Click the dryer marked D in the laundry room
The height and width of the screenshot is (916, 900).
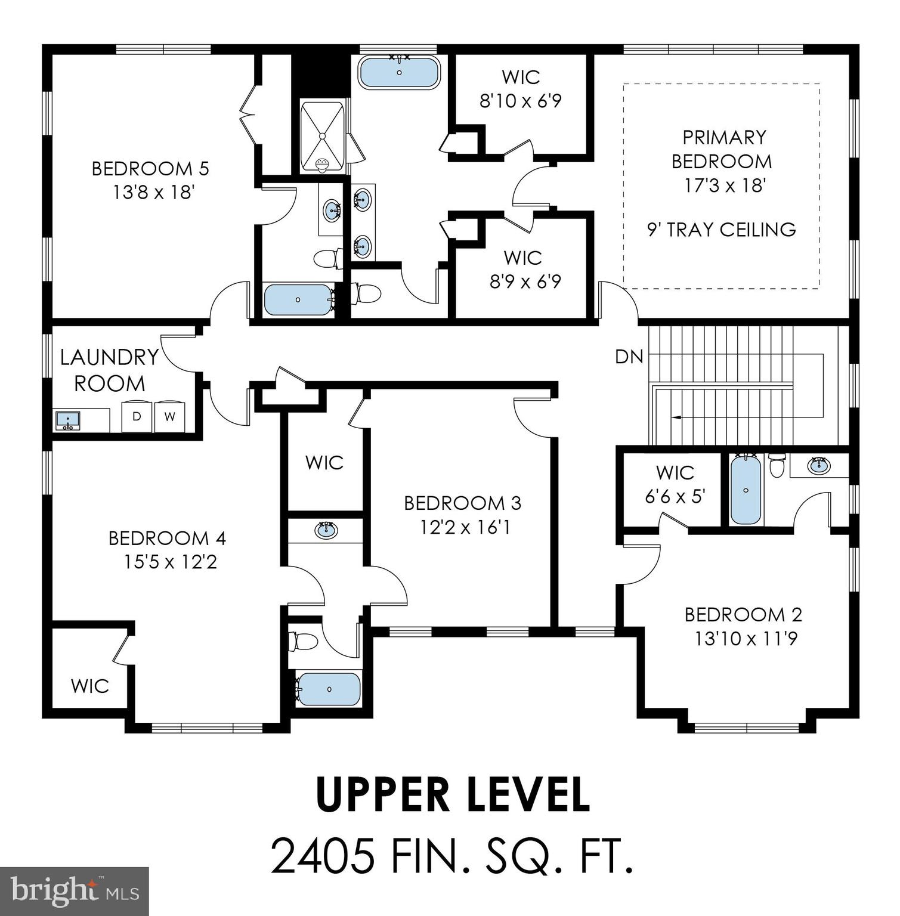137,416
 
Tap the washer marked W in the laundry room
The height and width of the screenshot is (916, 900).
170,416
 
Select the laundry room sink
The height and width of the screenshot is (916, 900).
67,420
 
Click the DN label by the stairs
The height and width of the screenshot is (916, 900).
629,357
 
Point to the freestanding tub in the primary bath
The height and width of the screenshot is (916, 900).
399,73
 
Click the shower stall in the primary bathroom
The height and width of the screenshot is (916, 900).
322,137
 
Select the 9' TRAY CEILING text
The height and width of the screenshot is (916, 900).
721,230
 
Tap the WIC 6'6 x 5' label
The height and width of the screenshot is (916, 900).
675,484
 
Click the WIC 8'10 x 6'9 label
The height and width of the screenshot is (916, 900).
521,89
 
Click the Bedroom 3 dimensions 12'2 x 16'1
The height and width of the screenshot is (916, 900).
462,528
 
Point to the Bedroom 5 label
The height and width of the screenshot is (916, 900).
150,169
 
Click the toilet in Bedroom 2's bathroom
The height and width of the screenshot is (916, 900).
777,465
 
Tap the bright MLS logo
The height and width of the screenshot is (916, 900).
74,892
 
